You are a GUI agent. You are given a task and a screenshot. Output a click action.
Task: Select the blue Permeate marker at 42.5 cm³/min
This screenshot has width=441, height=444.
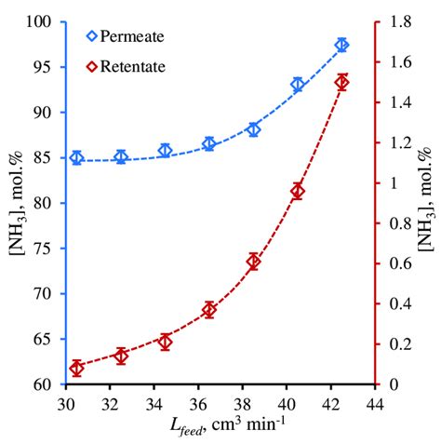pyautogui.click(x=342, y=45)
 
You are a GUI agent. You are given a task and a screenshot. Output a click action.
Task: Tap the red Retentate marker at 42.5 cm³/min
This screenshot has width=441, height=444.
pyautogui.click(x=342, y=82)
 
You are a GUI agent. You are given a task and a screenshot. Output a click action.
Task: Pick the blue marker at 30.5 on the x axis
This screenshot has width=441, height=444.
pyautogui.click(x=77, y=158)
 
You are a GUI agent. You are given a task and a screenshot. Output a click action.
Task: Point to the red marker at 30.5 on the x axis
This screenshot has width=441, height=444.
pyautogui.click(x=77, y=369)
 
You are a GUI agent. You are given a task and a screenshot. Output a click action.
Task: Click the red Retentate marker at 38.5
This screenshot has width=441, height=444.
pyautogui.click(x=254, y=262)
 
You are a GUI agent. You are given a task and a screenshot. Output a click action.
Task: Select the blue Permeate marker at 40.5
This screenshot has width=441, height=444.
pyautogui.click(x=298, y=85)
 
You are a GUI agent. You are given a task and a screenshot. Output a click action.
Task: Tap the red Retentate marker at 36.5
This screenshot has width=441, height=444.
pyautogui.click(x=209, y=310)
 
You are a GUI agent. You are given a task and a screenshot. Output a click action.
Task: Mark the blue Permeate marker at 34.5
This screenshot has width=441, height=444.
pyautogui.click(x=166, y=151)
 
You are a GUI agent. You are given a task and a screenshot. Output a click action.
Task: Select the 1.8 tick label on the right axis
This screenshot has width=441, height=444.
pyautogui.click(x=397, y=21)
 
